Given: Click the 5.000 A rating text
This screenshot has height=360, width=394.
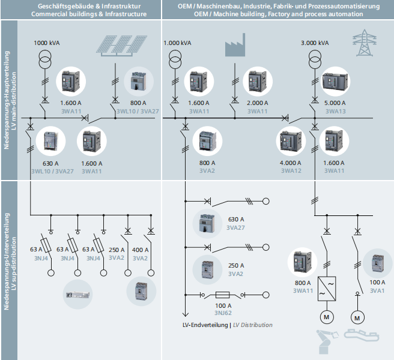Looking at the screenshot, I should click(335, 103).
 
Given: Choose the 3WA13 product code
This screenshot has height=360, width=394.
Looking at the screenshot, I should click(335, 111).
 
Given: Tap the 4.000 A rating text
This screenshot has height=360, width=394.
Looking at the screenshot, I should click(291, 163).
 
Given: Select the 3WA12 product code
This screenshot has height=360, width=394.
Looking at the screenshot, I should click(291, 171).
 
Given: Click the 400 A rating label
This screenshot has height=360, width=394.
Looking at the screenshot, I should click(140, 250).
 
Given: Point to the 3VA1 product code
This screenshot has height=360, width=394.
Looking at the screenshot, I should click(377, 290).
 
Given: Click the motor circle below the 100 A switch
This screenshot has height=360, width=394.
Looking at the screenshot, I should click(358, 316).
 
